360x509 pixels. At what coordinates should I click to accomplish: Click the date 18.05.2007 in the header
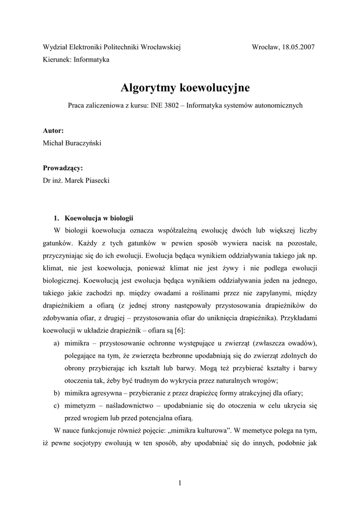pos(298,47)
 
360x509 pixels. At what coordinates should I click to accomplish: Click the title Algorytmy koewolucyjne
pos(185,88)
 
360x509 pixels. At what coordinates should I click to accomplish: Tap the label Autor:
pos(53,131)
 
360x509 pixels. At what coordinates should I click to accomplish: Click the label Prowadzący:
pos(63,168)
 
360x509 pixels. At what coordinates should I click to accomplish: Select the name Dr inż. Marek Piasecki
pos(77,180)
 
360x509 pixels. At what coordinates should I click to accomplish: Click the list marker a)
pos(57,343)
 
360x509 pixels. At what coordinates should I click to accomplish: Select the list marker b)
pos(57,393)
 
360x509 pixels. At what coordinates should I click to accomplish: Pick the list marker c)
pos(57,405)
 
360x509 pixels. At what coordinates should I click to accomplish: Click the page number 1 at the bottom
pos(180,483)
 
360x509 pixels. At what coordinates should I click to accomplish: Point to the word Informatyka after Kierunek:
pos(91,60)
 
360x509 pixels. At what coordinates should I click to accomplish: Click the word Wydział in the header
pos(55,47)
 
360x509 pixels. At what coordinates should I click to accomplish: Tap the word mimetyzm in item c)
pos(81,405)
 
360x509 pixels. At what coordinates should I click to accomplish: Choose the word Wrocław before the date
pos(266,47)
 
